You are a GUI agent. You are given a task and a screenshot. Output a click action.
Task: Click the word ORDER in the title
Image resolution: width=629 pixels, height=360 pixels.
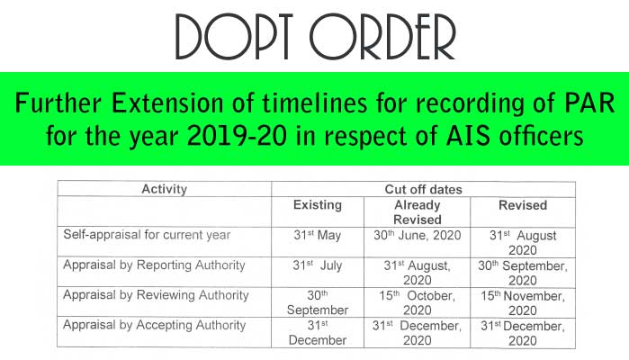pyautogui.click(x=382, y=37)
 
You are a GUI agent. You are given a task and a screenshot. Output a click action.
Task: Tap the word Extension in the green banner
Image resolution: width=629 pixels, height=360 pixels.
pyautogui.click(x=166, y=103)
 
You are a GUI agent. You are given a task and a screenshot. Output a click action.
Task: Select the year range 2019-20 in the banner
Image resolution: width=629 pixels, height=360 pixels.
pyautogui.click(x=237, y=136)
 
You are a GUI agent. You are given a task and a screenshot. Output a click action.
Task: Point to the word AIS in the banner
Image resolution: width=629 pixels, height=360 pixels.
pyautogui.click(x=468, y=136)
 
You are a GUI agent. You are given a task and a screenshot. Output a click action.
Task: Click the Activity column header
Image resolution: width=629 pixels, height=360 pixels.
pyautogui.click(x=165, y=189)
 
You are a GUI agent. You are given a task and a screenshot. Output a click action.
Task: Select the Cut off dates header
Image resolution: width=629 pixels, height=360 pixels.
pyautogui.click(x=423, y=189)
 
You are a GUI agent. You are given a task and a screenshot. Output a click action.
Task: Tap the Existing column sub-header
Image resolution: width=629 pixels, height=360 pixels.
pyautogui.click(x=318, y=204)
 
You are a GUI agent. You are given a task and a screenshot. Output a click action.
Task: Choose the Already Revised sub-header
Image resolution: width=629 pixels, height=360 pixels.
pyautogui.click(x=418, y=212)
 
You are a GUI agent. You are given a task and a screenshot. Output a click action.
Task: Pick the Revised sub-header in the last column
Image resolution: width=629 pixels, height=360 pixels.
pyautogui.click(x=523, y=205)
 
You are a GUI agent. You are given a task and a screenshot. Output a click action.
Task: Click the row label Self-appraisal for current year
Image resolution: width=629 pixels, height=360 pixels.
pyautogui.click(x=147, y=235)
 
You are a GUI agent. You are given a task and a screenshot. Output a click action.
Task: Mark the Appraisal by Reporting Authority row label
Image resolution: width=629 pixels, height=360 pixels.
pyautogui.click(x=154, y=265)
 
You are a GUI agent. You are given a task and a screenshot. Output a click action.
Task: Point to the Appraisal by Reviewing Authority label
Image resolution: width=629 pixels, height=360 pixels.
pyautogui.click(x=156, y=295)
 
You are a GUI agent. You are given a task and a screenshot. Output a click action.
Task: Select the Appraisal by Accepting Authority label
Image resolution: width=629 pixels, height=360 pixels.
pyautogui.click(x=155, y=325)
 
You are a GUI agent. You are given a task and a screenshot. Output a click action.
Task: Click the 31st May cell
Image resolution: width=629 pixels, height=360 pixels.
pyautogui.click(x=318, y=235)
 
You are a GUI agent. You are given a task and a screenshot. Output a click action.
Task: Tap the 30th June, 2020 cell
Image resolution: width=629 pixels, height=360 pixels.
pyautogui.click(x=418, y=235)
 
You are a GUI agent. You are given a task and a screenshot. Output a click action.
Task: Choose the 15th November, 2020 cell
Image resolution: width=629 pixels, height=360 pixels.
pyautogui.click(x=523, y=303)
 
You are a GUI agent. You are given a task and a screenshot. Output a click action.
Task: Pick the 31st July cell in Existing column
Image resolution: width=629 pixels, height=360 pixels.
pyautogui.click(x=318, y=265)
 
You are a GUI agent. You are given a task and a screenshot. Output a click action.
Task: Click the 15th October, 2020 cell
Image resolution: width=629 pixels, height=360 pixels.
pyautogui.click(x=418, y=302)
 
